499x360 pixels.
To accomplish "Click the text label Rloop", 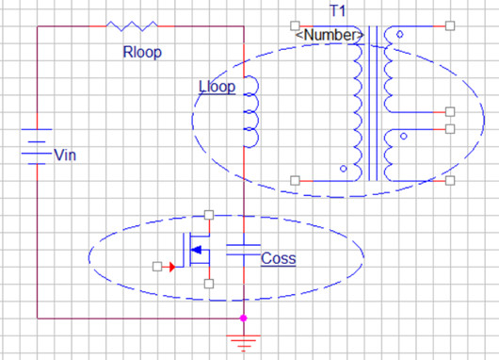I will pyautogui.click(x=142, y=53).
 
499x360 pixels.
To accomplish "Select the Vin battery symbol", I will pyautogui.click(x=37, y=148).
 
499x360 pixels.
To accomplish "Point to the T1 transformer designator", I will pyautogui.click(x=337, y=10).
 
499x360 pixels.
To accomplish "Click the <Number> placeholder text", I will pyautogui.click(x=330, y=35).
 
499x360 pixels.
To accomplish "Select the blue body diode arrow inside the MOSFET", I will pyautogui.click(x=197, y=250).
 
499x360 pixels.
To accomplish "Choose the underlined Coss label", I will pyautogui.click(x=279, y=258).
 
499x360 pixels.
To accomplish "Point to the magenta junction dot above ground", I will pyautogui.click(x=244, y=319).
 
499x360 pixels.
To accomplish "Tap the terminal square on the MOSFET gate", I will pyautogui.click(x=156, y=267).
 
